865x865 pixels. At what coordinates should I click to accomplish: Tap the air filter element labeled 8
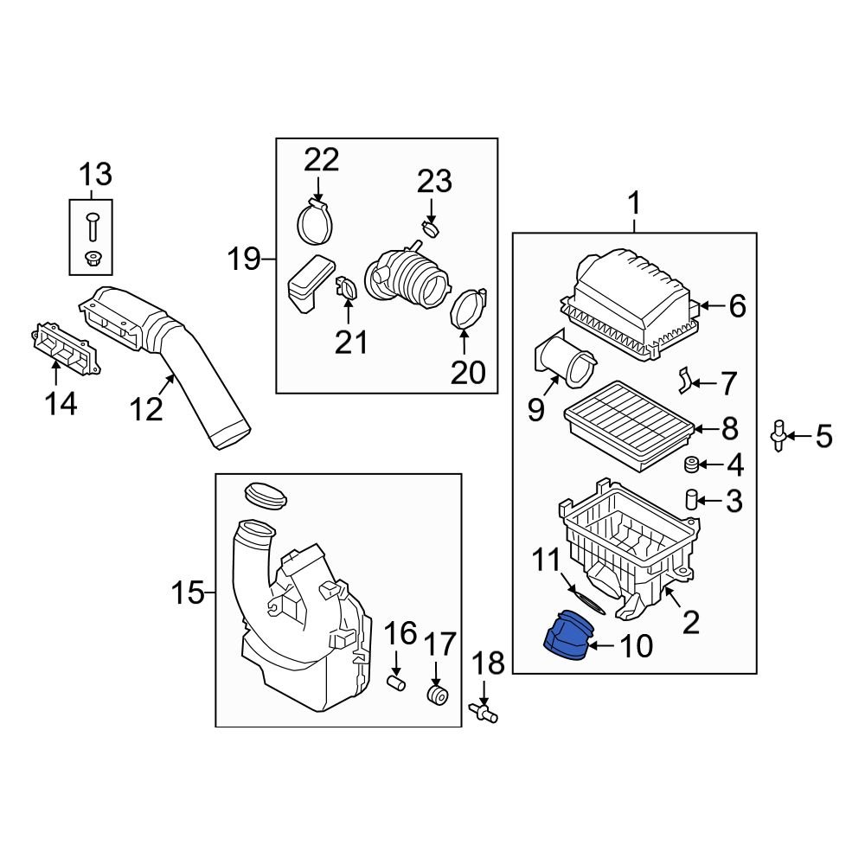(628, 425)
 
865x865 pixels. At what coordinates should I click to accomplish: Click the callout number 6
(737, 305)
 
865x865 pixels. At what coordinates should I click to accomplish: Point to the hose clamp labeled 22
(317, 221)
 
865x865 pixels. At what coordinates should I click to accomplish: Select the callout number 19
(244, 259)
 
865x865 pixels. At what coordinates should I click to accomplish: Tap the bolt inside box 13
(92, 227)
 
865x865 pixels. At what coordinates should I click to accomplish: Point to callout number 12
(146, 407)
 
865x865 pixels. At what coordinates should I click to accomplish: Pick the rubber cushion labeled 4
(692, 466)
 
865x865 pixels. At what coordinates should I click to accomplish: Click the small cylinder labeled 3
(692, 499)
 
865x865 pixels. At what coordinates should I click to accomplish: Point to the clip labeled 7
(684, 379)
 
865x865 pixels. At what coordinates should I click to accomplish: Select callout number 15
(186, 593)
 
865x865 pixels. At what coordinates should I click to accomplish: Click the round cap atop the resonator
(266, 495)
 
